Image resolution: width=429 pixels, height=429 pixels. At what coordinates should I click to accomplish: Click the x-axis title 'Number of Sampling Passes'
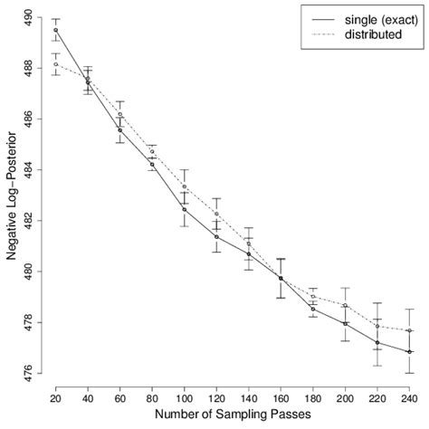click(x=234, y=416)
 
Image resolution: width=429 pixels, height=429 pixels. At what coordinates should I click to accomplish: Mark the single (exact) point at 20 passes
click(x=56, y=30)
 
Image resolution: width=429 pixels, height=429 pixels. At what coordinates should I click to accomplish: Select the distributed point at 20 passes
click(x=56, y=64)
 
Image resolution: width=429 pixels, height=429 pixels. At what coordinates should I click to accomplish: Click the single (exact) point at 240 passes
click(x=410, y=352)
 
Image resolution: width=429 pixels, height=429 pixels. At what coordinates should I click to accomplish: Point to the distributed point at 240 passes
click(x=410, y=330)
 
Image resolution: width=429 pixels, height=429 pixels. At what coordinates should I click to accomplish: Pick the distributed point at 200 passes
click(x=346, y=305)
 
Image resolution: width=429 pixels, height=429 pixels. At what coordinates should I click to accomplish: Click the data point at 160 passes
click(x=281, y=278)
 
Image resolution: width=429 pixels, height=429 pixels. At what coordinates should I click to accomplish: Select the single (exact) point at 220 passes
click(x=377, y=343)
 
